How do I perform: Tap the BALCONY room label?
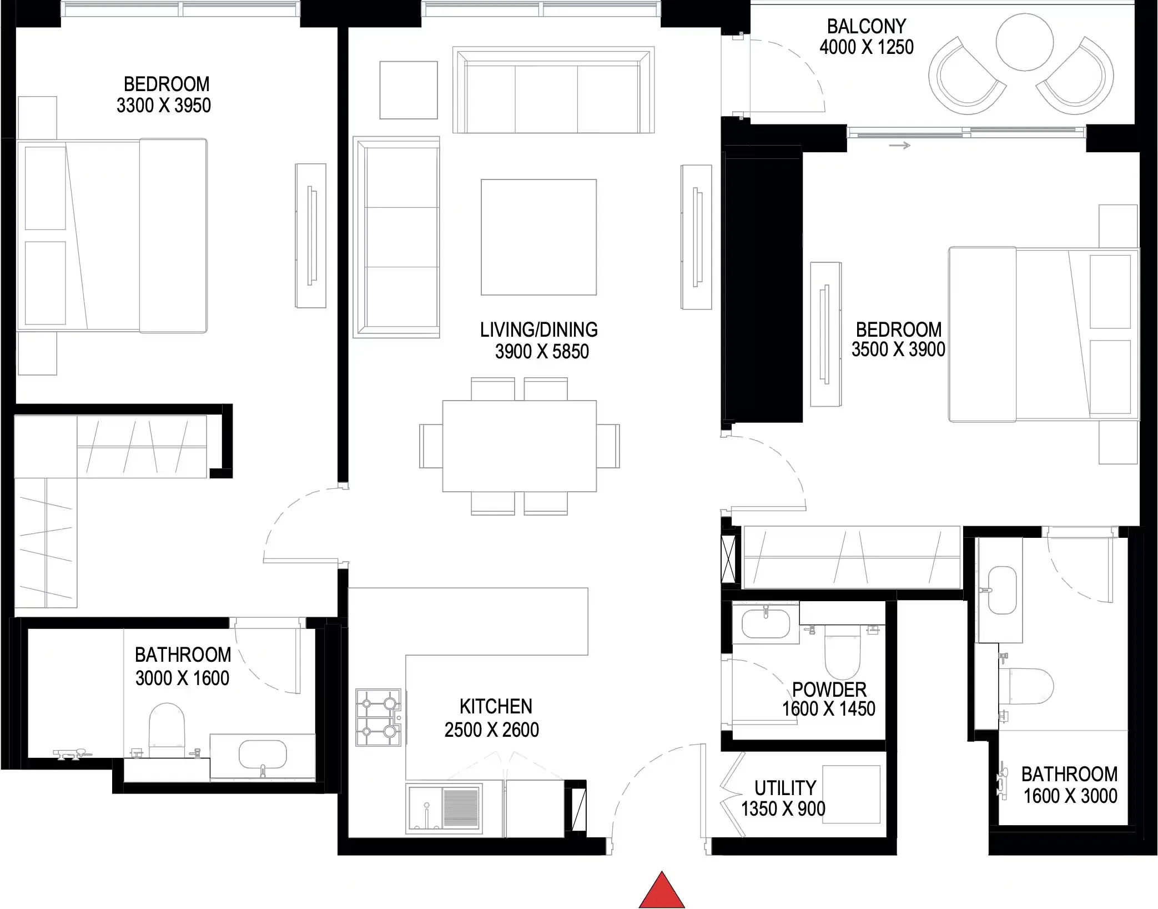pyautogui.click(x=866, y=26)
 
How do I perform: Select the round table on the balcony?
pyautogui.click(x=1024, y=42)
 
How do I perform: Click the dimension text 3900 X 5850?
pyautogui.click(x=542, y=352)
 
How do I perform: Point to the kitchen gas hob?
pyautogui.click(x=379, y=718)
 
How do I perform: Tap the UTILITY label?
pyautogui.click(x=785, y=788)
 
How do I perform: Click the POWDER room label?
pyautogui.click(x=829, y=690)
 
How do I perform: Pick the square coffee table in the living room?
pyautogui.click(x=538, y=237)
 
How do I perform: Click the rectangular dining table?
pyautogui.click(x=519, y=446)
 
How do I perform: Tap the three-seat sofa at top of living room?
pyautogui.click(x=553, y=91)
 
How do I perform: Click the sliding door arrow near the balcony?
pyautogui.click(x=900, y=146)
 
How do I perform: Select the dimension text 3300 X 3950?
pyautogui.click(x=164, y=106)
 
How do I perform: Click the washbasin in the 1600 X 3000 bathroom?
pyautogui.click(x=1002, y=590)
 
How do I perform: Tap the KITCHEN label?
pyautogui.click(x=496, y=706)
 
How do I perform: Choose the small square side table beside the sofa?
pyautogui.click(x=409, y=90)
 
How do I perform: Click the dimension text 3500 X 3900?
pyautogui.click(x=898, y=349)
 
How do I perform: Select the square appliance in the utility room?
pyautogui.click(x=851, y=795)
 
